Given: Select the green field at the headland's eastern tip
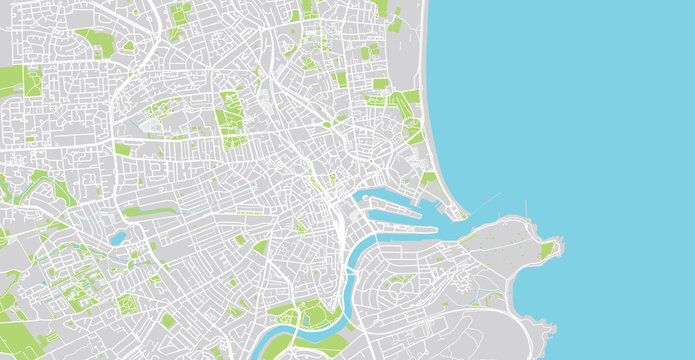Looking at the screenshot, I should coord(547,249).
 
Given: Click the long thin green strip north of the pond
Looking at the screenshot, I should coord(150,211).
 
